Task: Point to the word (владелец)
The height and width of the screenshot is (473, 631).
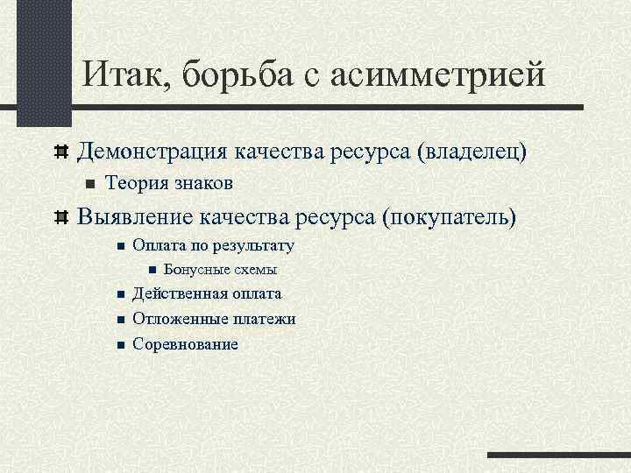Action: [x=473, y=152]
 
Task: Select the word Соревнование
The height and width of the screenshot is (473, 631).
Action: [x=185, y=343]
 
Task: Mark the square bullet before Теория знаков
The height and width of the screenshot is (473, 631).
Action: [x=88, y=184]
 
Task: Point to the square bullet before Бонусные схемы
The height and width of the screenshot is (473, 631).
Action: [x=152, y=270]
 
